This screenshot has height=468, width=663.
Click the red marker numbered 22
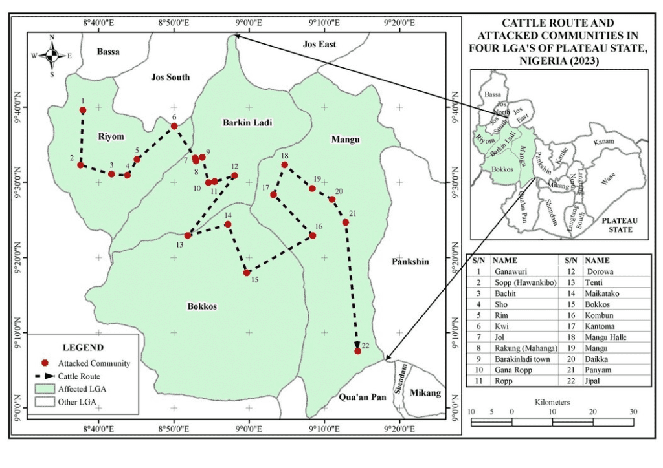[357, 350]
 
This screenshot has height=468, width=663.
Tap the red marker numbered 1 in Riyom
[83, 111]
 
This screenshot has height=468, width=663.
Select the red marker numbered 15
[247, 273]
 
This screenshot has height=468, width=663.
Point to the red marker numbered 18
[284, 165]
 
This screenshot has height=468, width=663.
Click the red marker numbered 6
[174, 126]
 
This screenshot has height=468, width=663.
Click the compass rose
[52, 55]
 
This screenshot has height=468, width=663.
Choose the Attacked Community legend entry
[94, 363]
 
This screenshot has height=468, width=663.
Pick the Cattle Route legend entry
[79, 376]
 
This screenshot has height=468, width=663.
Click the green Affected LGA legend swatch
[44, 388]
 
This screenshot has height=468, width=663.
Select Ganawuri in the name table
[510, 271]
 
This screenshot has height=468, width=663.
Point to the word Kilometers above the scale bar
[552, 402]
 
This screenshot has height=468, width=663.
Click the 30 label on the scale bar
[633, 412]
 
